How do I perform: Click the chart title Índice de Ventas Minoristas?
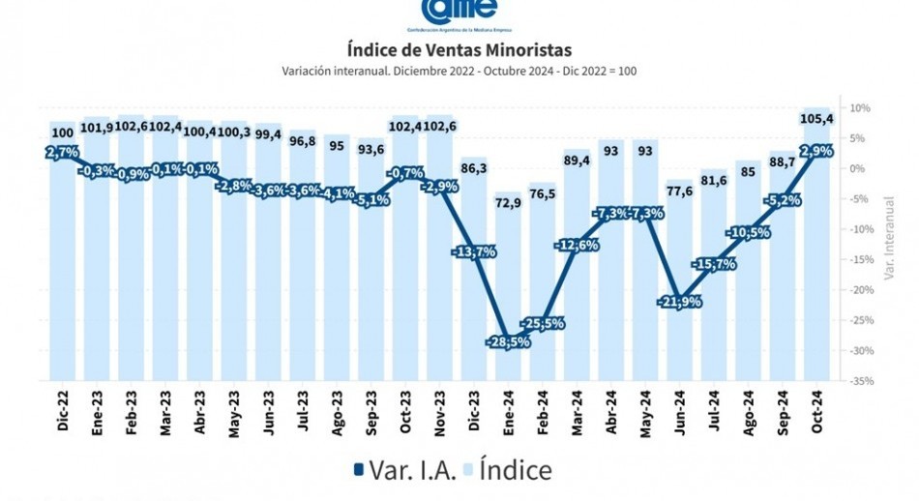(459, 49)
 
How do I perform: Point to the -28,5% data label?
(513, 341)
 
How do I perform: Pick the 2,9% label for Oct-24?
(818, 152)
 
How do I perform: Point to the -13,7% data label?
(475, 251)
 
